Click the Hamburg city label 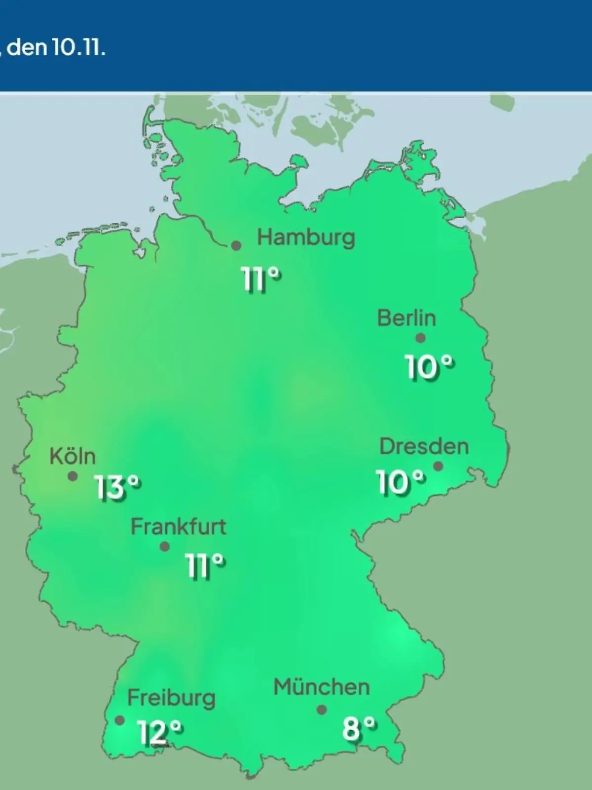coord(306,238)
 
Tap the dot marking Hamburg coord(237,245)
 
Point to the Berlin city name coord(407,318)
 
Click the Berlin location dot coord(420,338)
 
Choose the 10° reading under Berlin coord(429,367)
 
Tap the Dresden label coord(424,447)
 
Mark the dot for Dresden coord(438,466)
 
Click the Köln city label coord(73,457)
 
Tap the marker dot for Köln coord(73,476)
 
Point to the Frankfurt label coord(178,527)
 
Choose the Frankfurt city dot coord(165,547)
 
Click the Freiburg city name coord(171,698)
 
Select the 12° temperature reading coord(160,732)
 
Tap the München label coord(321,687)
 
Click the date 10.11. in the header coord(79,48)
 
